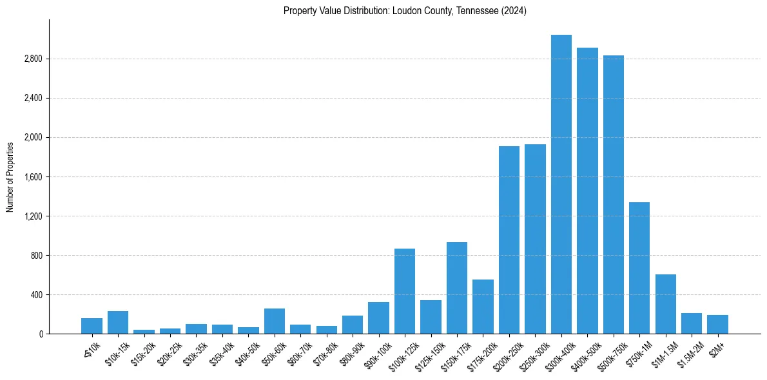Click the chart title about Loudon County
coord(405,11)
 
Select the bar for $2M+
coord(717,325)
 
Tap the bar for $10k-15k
coord(118,323)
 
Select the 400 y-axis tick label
coord(36,295)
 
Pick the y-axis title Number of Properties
coord(10,176)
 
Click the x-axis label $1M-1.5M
coord(664,352)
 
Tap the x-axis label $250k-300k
coord(532,354)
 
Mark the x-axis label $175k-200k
coord(480,354)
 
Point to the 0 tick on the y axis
coord(41,334)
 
